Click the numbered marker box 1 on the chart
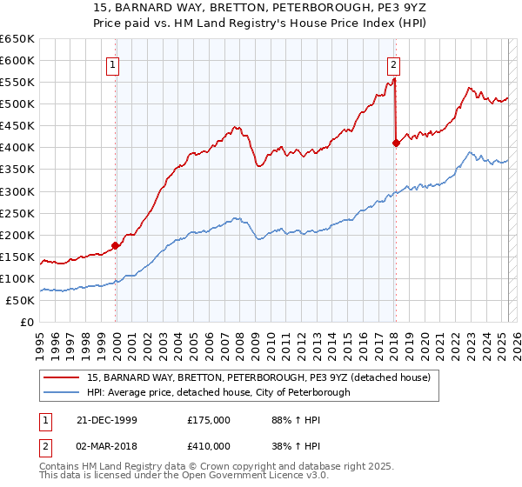pyautogui.click(x=114, y=63)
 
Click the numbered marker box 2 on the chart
pyautogui.click(x=393, y=63)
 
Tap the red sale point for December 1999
pyautogui.click(x=116, y=245)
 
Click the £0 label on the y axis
pyautogui.click(x=26, y=322)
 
